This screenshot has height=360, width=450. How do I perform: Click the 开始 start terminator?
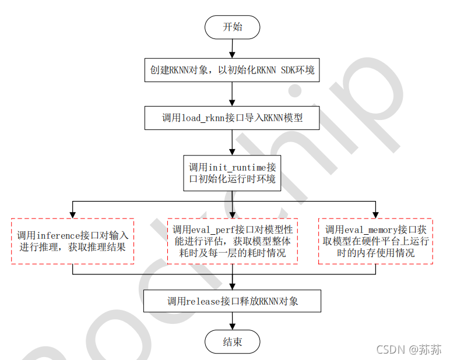pos(232,27)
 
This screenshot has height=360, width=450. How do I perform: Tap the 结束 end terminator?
pos(232,341)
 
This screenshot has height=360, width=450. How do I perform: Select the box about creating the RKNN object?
pos(232,70)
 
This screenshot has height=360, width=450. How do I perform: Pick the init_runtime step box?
pos(232,173)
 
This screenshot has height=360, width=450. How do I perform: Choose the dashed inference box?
pos(73,241)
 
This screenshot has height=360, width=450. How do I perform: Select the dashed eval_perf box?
pos(232,241)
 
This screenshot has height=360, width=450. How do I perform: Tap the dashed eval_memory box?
pos(376,241)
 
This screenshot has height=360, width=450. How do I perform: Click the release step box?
pos(232,301)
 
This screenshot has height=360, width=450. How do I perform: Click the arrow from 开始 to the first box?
pos(232,48)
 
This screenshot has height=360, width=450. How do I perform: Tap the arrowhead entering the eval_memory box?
pos(376,214)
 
